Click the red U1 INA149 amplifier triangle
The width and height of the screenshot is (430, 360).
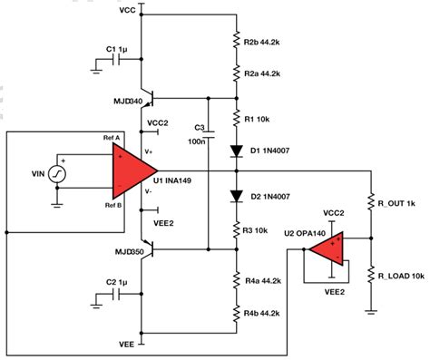coord(133,169)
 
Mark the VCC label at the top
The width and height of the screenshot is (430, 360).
coord(129,9)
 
